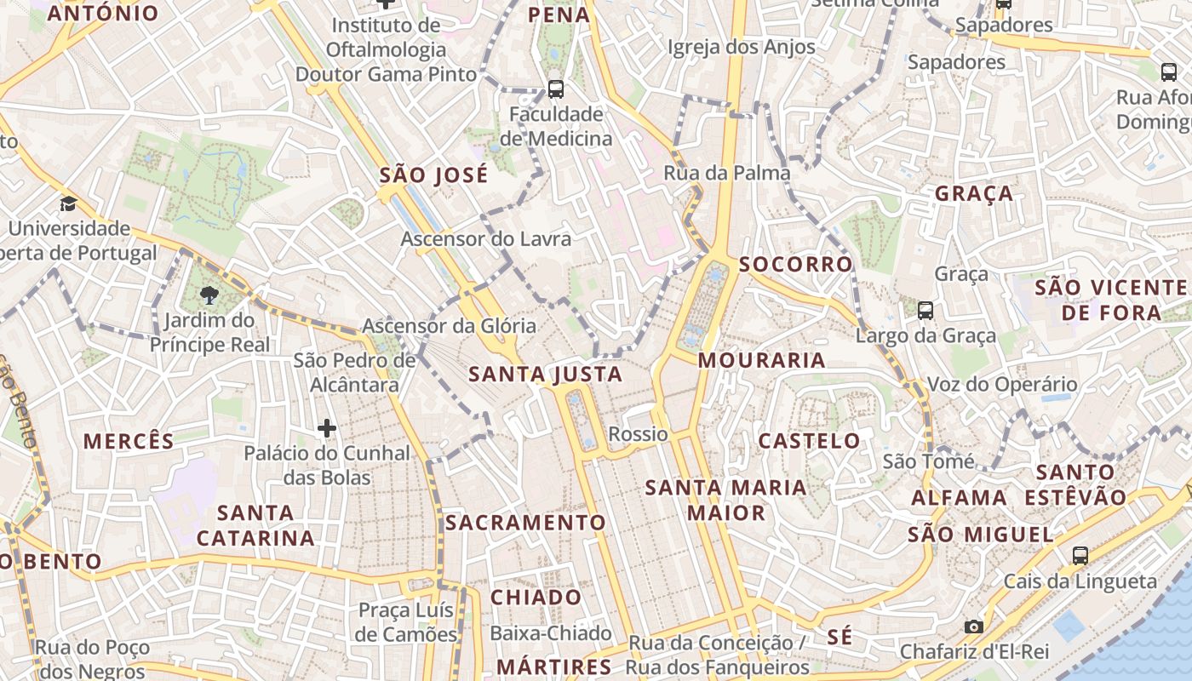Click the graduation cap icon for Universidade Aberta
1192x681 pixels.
point(68,204)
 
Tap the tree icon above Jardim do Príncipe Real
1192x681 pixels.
point(209,295)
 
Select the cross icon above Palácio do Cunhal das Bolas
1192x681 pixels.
point(326,427)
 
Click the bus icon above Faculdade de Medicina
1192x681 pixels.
point(556,88)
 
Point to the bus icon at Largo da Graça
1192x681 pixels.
point(926,311)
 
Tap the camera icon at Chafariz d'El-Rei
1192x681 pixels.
point(974,627)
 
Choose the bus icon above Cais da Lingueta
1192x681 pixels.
point(1080,556)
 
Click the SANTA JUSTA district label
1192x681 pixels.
point(546,375)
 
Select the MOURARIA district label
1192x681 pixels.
point(762,360)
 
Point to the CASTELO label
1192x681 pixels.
point(809,441)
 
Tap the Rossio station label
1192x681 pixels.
point(638,434)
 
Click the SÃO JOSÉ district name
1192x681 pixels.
point(434,175)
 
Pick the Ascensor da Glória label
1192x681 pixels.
point(450,325)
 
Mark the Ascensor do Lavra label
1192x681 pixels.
point(486,239)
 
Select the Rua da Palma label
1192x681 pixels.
point(727,174)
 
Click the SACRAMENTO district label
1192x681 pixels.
point(526,523)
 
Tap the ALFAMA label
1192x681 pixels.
point(960,498)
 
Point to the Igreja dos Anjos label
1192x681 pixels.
point(742,48)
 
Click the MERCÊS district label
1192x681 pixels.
point(129,441)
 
